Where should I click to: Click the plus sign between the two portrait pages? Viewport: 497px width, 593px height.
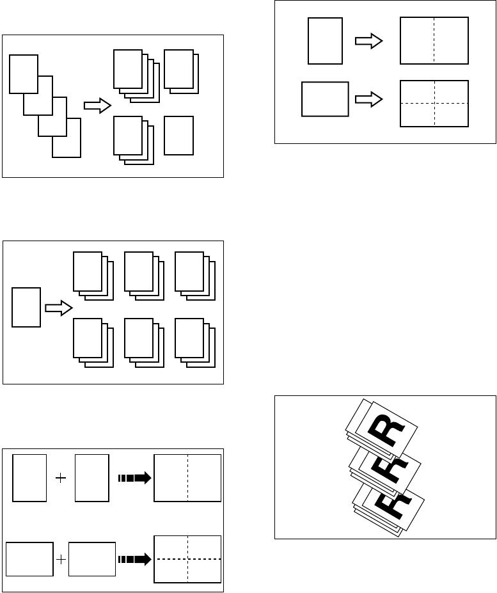pyautogui.click(x=61, y=478)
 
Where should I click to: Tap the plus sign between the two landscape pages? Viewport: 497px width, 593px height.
pyautogui.click(x=61, y=559)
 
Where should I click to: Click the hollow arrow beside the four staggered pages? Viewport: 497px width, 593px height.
pyautogui.click(x=97, y=106)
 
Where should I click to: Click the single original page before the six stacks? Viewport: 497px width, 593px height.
pyautogui.click(x=27, y=307)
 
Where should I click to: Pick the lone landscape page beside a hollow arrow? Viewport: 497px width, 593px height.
pyautogui.click(x=325, y=99)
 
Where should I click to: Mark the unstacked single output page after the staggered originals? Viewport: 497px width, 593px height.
pyautogui.click(x=178, y=135)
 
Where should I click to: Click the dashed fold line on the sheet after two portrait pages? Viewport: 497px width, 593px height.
pyautogui.click(x=188, y=478)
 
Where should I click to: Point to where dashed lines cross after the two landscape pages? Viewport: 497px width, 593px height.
pyautogui.click(x=188, y=558)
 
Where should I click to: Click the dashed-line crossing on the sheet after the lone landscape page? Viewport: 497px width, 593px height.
pyautogui.click(x=434, y=102)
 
